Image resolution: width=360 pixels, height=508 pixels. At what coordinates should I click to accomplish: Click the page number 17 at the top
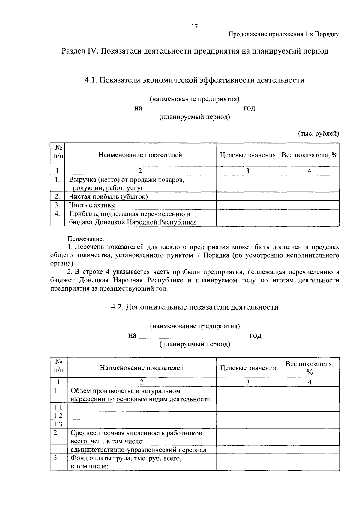click(195, 27)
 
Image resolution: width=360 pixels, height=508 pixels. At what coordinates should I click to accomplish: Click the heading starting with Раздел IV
click(195, 51)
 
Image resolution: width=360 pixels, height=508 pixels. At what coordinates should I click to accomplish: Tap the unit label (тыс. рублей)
click(318, 133)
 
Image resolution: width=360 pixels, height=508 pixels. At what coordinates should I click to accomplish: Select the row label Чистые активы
click(92, 205)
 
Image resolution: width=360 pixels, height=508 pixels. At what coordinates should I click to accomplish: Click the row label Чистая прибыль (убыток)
click(108, 196)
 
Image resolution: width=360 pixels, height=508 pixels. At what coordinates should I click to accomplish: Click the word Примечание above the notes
click(85, 239)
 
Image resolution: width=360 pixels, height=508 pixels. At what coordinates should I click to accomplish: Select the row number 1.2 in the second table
click(58, 416)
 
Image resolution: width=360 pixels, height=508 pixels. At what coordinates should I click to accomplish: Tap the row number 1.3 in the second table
click(58, 424)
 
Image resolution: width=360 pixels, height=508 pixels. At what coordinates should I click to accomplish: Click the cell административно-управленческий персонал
click(139, 450)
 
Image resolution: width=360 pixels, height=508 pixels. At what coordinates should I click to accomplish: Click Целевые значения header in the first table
click(248, 155)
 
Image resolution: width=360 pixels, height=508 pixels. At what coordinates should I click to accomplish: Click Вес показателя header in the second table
click(310, 368)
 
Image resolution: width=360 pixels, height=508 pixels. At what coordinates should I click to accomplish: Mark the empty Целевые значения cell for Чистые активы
click(248, 205)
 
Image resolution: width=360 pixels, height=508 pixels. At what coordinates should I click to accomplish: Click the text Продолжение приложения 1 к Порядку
click(284, 34)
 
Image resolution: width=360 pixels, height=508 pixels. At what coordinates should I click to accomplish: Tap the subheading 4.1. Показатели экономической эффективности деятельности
click(195, 80)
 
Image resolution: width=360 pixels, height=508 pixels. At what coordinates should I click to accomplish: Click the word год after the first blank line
click(249, 108)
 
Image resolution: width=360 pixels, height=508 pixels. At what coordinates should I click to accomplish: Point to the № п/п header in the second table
click(58, 367)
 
